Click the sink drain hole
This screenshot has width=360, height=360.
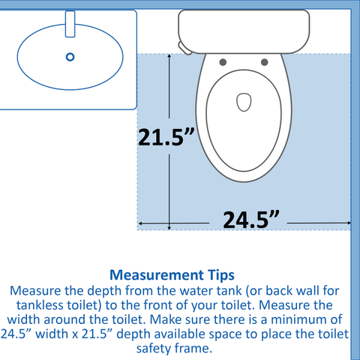coord(70,57)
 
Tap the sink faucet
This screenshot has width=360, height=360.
coord(70,24)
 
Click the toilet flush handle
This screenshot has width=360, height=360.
coord(185,48)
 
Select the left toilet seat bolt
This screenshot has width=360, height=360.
coord(223,62)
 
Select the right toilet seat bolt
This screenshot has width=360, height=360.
coord(265,62)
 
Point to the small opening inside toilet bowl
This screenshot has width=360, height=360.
coord(244,102)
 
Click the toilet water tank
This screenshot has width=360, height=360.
coord(244,31)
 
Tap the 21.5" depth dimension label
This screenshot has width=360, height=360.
coord(166,136)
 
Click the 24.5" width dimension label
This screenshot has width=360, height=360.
coord(251,220)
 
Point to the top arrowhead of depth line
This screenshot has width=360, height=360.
coord(169,56)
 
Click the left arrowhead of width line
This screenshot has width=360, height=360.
coord(140,223)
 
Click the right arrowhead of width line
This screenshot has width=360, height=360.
coord(349,223)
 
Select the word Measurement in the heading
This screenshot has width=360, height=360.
coord(157,275)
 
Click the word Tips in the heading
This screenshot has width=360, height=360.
coord(221,275)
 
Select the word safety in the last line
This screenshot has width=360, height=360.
coord(154,349)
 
